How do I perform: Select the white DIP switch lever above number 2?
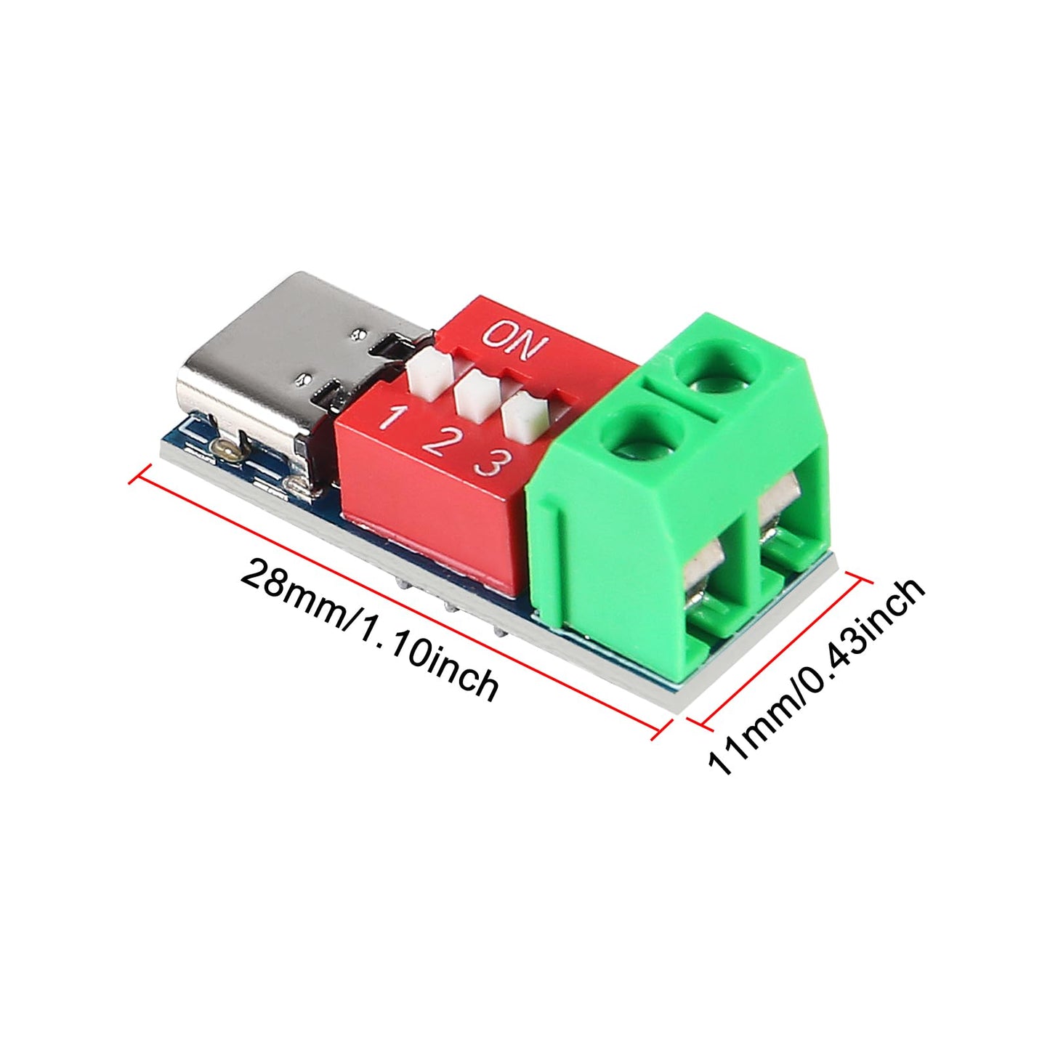click(473, 395)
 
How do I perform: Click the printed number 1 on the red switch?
click(394, 419)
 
